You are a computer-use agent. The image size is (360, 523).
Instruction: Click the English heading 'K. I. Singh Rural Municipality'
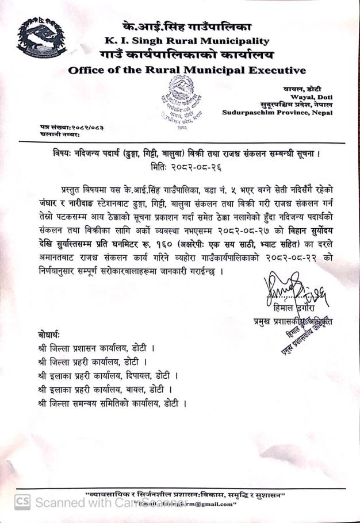(x=187, y=41)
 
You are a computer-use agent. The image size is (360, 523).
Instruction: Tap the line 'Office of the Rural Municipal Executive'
(x=187, y=71)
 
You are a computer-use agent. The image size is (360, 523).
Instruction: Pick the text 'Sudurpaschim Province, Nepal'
(x=271, y=113)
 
